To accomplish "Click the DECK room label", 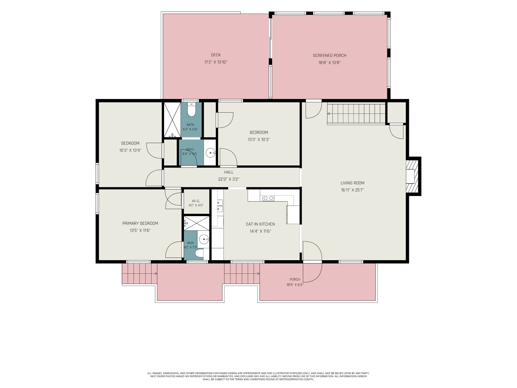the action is (x=216, y=55).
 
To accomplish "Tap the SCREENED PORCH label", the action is (x=329, y=56).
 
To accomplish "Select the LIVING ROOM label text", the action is (x=352, y=183).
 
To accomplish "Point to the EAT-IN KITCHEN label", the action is (x=260, y=224).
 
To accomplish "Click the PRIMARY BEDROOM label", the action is (x=140, y=223).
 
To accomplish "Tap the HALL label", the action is (x=229, y=172).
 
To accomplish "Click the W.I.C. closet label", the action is (x=196, y=201).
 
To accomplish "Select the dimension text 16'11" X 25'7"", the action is (x=352, y=190).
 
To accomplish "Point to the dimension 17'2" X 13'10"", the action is (x=216, y=62).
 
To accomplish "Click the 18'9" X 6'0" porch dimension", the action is (x=295, y=285).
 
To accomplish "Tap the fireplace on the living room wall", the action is (x=412, y=176).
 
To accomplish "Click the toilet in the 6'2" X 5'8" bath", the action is (x=191, y=110).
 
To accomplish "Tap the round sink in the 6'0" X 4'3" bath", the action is (x=210, y=153).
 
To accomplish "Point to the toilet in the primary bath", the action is (x=199, y=254).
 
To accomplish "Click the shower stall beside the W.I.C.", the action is (x=196, y=223).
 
